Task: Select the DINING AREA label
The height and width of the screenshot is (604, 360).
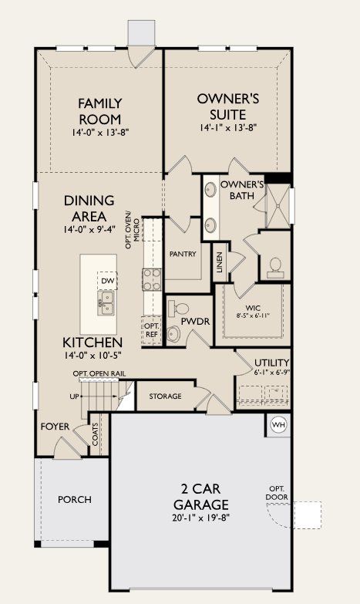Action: pos(89,208)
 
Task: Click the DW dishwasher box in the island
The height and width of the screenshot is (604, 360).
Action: pos(107,282)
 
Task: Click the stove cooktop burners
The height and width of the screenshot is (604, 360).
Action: pos(150,278)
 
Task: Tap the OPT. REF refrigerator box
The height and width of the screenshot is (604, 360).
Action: pos(151,330)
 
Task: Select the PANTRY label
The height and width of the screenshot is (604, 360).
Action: pos(182,254)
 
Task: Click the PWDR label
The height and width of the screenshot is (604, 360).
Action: pos(191,321)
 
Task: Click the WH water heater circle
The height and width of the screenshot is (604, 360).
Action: pos(278,423)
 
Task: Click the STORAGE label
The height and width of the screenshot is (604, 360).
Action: pos(165,396)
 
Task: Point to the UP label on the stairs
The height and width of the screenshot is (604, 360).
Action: pos(74,396)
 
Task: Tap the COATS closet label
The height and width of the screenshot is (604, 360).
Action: pos(96,437)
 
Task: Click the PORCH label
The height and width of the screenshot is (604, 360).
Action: pos(75,499)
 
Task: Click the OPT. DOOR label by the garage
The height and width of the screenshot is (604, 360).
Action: pos(277,494)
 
